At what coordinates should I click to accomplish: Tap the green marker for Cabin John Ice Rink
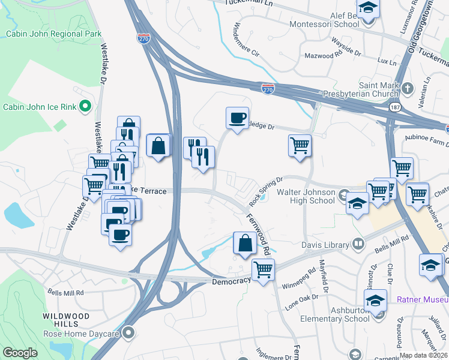point(85,107)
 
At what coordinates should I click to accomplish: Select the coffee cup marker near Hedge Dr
point(237,117)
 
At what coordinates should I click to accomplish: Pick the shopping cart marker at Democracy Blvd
point(262,269)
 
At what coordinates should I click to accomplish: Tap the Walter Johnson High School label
point(306,196)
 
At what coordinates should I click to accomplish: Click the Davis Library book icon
point(358,244)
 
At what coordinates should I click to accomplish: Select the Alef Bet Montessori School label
point(324,20)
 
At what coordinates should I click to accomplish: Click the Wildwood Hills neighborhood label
point(66,320)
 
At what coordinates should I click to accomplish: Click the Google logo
point(20,352)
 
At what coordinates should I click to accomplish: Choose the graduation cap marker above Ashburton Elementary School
point(375,299)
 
